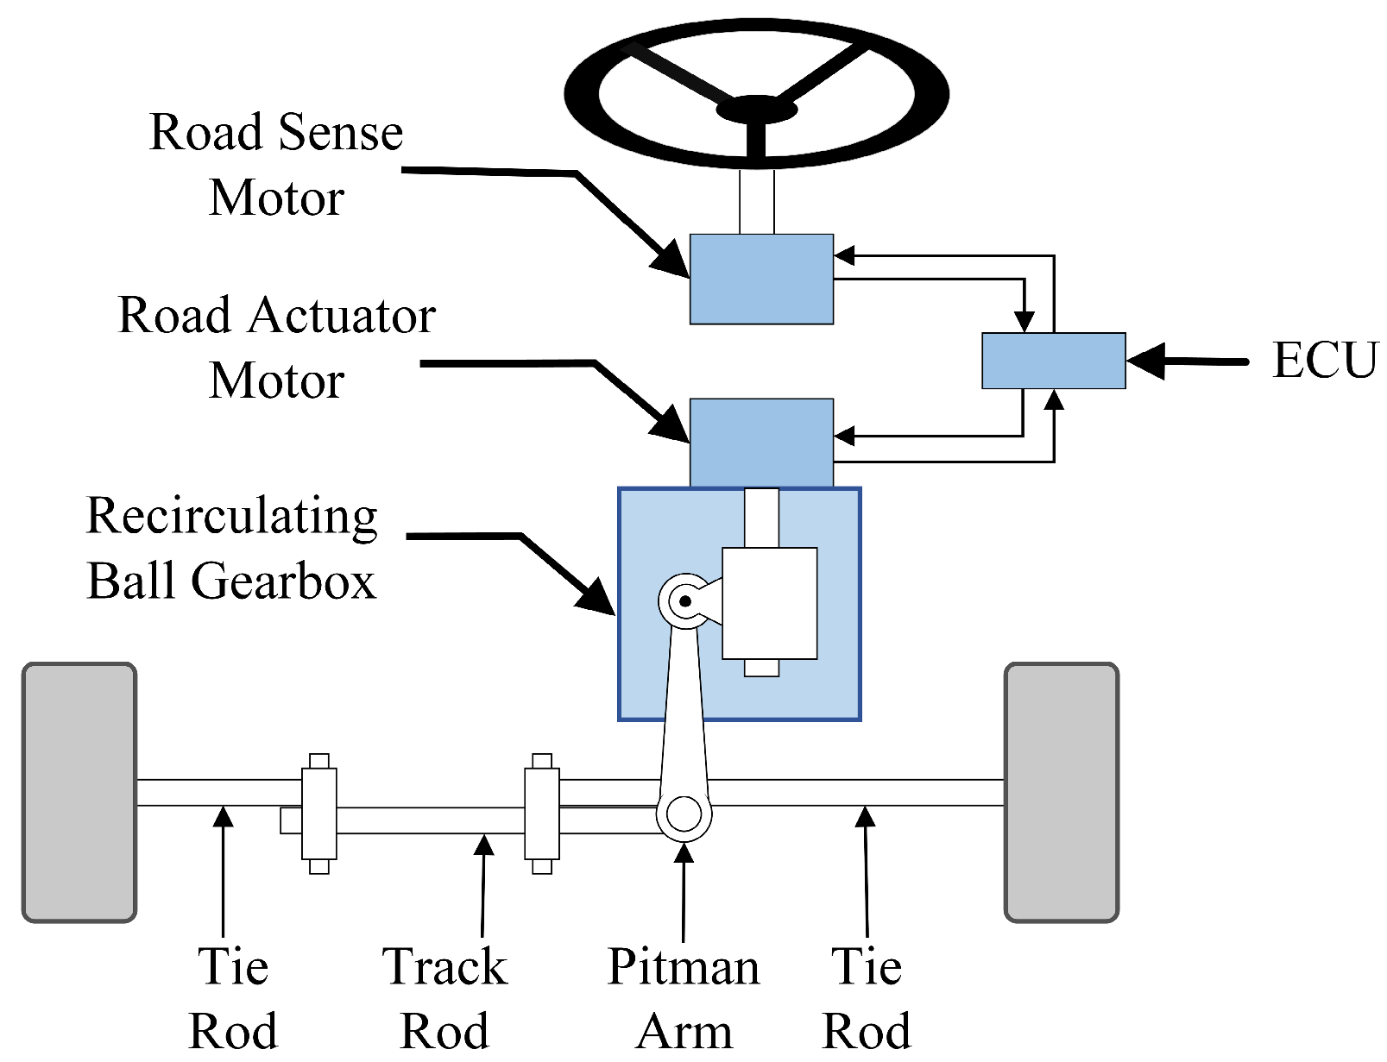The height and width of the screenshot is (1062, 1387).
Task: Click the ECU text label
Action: click(x=1324, y=361)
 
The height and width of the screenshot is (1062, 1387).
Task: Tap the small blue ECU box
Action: click(x=1053, y=361)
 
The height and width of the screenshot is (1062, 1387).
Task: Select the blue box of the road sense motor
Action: click(x=761, y=280)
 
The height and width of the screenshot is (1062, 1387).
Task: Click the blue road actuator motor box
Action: click(x=761, y=442)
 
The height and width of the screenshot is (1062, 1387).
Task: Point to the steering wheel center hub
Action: click(x=756, y=110)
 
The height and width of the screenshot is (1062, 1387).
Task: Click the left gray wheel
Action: click(x=79, y=792)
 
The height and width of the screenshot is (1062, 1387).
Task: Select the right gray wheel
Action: click(x=1062, y=792)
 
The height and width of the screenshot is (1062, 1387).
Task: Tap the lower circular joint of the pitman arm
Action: click(x=684, y=814)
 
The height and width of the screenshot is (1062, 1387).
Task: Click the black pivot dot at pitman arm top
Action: click(x=685, y=601)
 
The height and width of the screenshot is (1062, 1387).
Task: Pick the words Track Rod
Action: click(x=444, y=998)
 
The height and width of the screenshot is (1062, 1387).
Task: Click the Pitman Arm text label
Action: click(x=684, y=998)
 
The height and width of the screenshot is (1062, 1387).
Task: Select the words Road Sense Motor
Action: click(x=276, y=165)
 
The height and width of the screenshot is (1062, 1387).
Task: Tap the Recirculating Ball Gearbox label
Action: click(x=231, y=548)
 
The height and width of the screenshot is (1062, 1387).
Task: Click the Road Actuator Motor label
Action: click(x=276, y=348)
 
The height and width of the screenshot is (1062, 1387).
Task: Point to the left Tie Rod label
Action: click(x=233, y=998)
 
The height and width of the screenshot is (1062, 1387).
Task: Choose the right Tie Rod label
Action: click(x=867, y=998)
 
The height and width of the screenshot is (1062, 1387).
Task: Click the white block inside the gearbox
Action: click(x=769, y=603)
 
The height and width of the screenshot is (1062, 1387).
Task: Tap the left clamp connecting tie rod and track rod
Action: click(x=318, y=814)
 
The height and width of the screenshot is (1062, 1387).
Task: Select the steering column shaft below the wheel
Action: click(x=757, y=201)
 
